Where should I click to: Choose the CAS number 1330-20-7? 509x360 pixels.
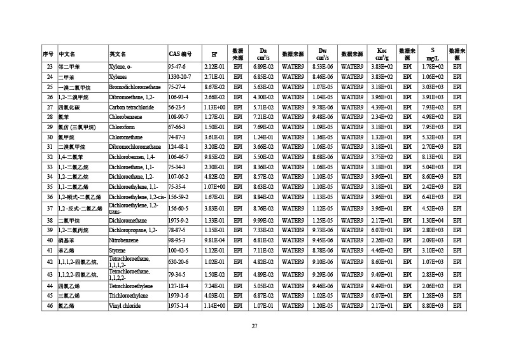point(179,76)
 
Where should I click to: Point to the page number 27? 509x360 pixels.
point(254,326)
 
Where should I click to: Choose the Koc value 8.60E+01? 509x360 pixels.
point(382,261)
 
